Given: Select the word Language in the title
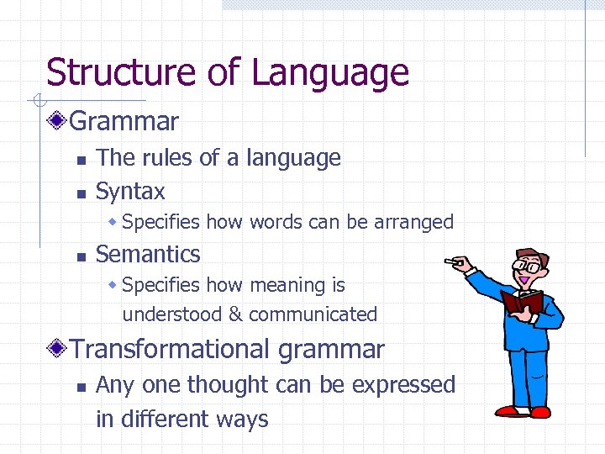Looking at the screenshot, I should (329, 73).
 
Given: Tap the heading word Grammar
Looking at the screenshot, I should (124, 122).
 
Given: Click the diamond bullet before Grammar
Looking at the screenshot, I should (56, 122).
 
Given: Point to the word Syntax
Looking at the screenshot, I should (130, 192).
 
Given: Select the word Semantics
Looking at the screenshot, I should (148, 254).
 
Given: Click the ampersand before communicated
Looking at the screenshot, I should (235, 314).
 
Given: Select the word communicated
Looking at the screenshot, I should (313, 314).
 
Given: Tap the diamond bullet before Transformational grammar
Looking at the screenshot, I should (56, 349).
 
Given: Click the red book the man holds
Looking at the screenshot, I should (522, 302).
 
